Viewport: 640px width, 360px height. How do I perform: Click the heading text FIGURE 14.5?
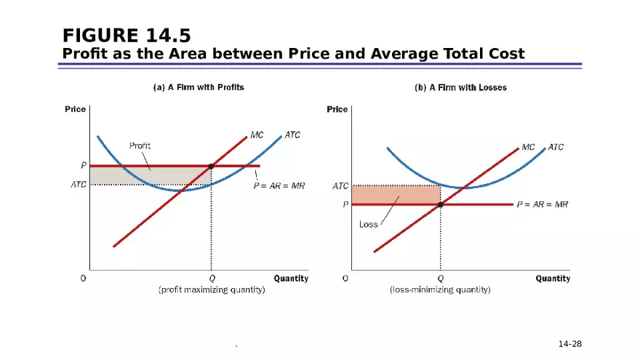[127, 35]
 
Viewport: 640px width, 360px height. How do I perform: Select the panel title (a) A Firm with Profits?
[198, 87]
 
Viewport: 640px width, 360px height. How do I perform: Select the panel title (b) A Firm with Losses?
[460, 87]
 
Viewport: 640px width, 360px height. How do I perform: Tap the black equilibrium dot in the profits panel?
[211, 167]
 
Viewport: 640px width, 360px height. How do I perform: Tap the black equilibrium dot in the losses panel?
[440, 204]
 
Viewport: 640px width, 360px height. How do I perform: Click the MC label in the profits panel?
[257, 135]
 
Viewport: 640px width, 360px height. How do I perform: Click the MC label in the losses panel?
[529, 147]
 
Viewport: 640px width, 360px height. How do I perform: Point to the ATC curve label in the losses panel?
[556, 147]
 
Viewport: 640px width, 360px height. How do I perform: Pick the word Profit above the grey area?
[140, 145]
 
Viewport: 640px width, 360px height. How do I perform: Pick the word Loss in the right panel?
[369, 225]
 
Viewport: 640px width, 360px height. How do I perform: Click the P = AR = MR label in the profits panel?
[279, 185]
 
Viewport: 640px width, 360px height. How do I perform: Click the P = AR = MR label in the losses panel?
[542, 204]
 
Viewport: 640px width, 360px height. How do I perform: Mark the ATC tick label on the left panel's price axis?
[78, 185]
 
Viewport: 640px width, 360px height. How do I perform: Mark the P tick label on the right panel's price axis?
[345, 204]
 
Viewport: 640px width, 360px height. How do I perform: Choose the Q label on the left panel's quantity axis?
[212, 278]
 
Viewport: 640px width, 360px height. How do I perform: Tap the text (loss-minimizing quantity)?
[440, 289]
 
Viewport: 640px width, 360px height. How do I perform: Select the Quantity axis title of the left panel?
[291, 278]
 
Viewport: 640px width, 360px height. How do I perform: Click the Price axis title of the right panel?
[337, 109]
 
